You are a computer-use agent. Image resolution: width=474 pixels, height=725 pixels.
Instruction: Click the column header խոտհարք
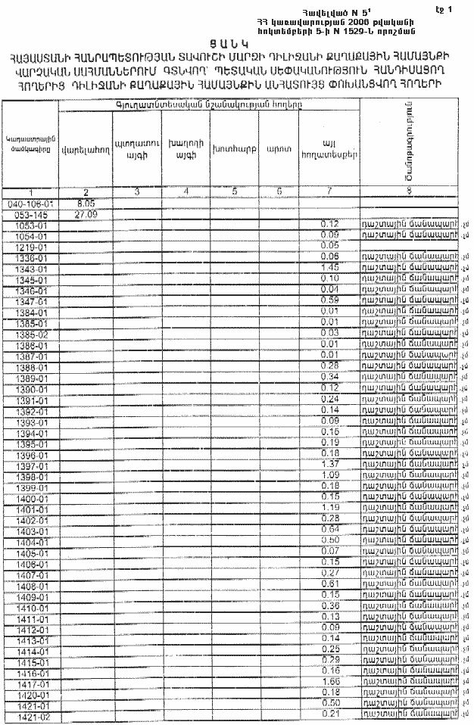(x=234, y=149)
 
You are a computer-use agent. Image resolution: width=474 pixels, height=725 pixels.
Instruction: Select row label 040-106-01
(x=31, y=204)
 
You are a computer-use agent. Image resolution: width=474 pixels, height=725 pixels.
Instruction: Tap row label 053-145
(x=31, y=214)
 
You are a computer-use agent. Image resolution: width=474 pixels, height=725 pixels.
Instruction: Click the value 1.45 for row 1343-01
(x=329, y=268)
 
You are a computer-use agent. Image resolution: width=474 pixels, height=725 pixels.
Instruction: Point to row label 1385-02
(x=31, y=333)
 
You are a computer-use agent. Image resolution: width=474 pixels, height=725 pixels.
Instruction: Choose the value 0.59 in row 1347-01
(x=329, y=300)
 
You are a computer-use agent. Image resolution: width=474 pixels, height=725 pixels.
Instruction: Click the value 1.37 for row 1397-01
(x=329, y=463)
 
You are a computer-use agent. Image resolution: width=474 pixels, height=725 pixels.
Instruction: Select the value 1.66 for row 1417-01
(x=329, y=682)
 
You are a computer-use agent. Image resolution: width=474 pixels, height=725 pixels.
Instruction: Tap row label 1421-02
(x=31, y=715)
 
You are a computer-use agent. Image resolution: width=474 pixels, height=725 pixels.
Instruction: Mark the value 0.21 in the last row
(x=329, y=714)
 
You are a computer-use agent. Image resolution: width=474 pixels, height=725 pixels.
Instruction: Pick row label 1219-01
(x=31, y=247)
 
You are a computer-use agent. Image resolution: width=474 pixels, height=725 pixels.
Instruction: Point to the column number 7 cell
(x=329, y=191)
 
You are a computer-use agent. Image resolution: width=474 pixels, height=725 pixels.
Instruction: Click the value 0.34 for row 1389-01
(x=329, y=376)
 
